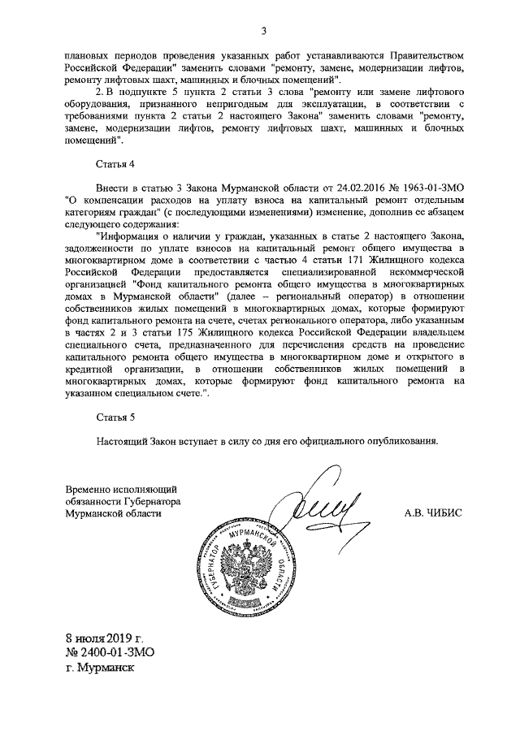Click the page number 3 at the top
pyautogui.click(x=263, y=32)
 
